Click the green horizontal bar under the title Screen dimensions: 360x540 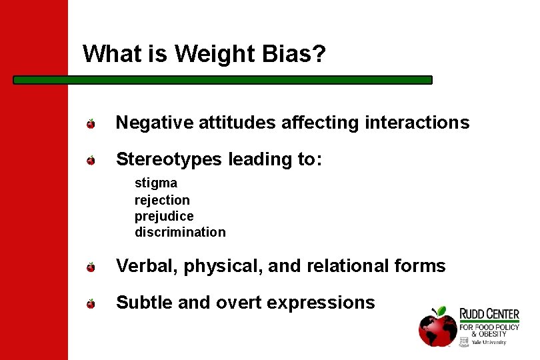[x=223, y=79]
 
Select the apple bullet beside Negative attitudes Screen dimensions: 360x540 [x=91, y=123]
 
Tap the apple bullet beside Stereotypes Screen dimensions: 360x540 [x=91, y=160]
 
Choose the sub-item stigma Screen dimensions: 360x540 [x=156, y=183]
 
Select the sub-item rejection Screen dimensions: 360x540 [x=162, y=200]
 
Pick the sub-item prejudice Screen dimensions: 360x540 [x=164, y=216]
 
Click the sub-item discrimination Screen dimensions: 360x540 [x=180, y=232]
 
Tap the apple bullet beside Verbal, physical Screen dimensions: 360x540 [x=91, y=267]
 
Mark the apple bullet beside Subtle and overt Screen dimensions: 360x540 [x=91, y=304]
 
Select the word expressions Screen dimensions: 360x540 [x=321, y=303]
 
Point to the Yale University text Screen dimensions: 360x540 [x=489, y=342]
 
